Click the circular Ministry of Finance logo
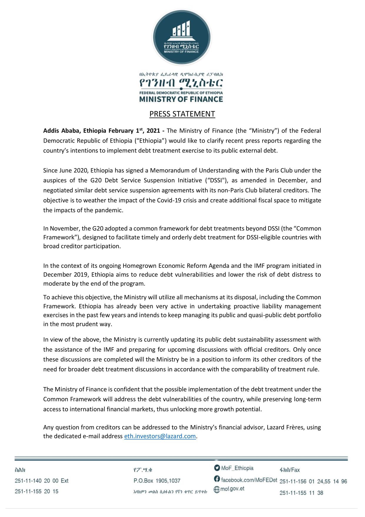point(182,37)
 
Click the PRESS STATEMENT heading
point(182,114)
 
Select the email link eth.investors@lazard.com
point(160,436)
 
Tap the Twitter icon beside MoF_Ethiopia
point(217,468)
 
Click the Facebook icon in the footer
point(217,479)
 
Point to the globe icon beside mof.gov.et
point(217,490)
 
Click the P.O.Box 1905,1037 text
point(157,481)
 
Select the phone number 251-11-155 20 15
point(36,491)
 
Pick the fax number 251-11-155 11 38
point(301,493)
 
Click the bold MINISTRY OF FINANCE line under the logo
point(181,99)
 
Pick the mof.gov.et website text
point(232,489)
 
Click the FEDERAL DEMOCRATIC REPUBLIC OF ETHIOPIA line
point(181,93)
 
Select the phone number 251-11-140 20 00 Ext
point(41,481)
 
